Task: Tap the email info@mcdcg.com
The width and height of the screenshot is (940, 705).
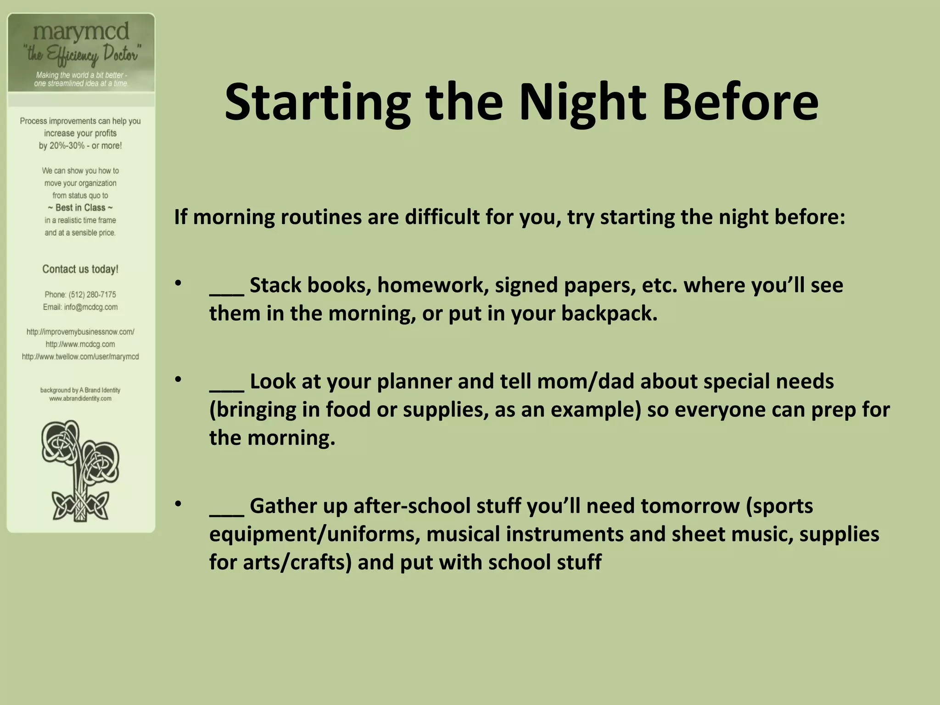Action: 90,307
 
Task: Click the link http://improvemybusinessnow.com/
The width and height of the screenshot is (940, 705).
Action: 80,332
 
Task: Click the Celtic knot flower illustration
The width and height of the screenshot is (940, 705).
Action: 81,471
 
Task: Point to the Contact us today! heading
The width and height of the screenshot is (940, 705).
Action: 80,269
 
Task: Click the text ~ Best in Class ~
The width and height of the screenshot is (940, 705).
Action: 80,208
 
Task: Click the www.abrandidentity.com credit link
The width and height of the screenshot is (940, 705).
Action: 80,399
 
